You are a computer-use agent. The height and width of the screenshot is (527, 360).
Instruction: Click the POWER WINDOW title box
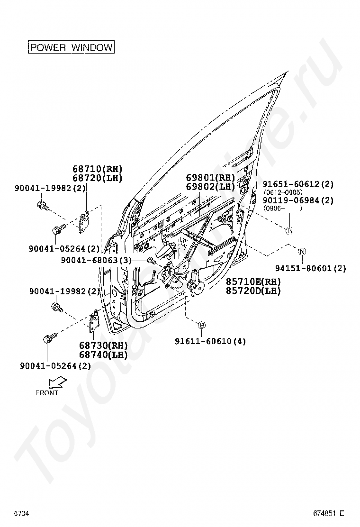pyautogui.click(x=71, y=47)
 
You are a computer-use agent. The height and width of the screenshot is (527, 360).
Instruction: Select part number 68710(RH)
pyautogui.click(x=97, y=169)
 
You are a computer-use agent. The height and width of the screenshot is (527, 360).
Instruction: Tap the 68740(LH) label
pyautogui.click(x=103, y=354)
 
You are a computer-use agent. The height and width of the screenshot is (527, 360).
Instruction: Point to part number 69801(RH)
pyautogui.click(x=210, y=178)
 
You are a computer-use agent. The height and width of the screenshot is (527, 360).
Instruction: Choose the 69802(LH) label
pyautogui.click(x=210, y=187)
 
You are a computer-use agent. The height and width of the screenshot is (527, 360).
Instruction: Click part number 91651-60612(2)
pyautogui.click(x=298, y=184)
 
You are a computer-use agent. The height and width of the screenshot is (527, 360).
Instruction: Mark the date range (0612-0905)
pyautogui.click(x=282, y=192)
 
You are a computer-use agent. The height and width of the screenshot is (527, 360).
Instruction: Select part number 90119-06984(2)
pyautogui.click(x=298, y=200)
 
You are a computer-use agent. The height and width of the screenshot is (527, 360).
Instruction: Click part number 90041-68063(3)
pyautogui.click(x=96, y=260)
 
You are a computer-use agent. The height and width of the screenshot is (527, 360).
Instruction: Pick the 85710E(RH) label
pyautogui.click(x=253, y=282)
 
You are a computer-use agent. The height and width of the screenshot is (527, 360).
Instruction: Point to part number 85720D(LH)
pyautogui.click(x=253, y=291)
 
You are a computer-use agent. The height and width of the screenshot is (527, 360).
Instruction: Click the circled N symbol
pyautogui.click(x=302, y=251)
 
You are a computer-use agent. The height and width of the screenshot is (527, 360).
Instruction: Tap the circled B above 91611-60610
pyautogui.click(x=201, y=325)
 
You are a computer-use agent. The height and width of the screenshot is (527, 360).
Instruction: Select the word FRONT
pyautogui.click(x=47, y=393)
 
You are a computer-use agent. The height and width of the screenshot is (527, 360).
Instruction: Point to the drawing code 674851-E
pyautogui.click(x=328, y=513)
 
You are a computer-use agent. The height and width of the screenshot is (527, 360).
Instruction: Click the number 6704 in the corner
pyautogui.click(x=22, y=513)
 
